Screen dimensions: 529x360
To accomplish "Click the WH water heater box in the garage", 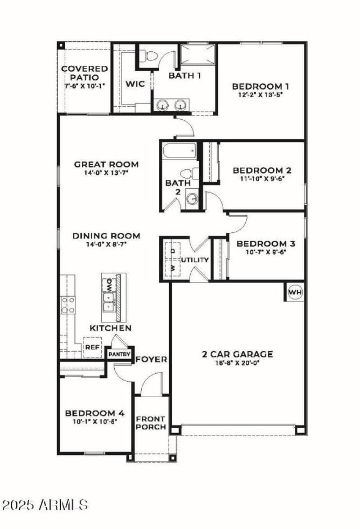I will coord(295,292).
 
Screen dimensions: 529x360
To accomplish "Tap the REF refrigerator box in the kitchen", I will coord(92,348).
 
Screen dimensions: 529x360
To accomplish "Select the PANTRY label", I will coord(119,354).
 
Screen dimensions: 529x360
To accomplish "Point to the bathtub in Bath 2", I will coord(179,150).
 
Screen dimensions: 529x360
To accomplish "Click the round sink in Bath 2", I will coord(192,199).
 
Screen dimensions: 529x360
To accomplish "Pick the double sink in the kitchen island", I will coord(108,303).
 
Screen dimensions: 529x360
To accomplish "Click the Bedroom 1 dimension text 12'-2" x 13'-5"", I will coord(260,95).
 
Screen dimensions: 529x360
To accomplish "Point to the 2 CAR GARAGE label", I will coord(237,354).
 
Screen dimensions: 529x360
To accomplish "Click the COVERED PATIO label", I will coord(85,73).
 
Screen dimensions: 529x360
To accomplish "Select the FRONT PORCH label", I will coord(151,422).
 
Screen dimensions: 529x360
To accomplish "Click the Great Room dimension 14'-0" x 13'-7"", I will coord(106,172).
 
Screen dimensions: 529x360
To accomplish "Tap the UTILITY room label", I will coord(195,260).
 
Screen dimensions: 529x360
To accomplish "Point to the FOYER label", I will coord(152,359).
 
